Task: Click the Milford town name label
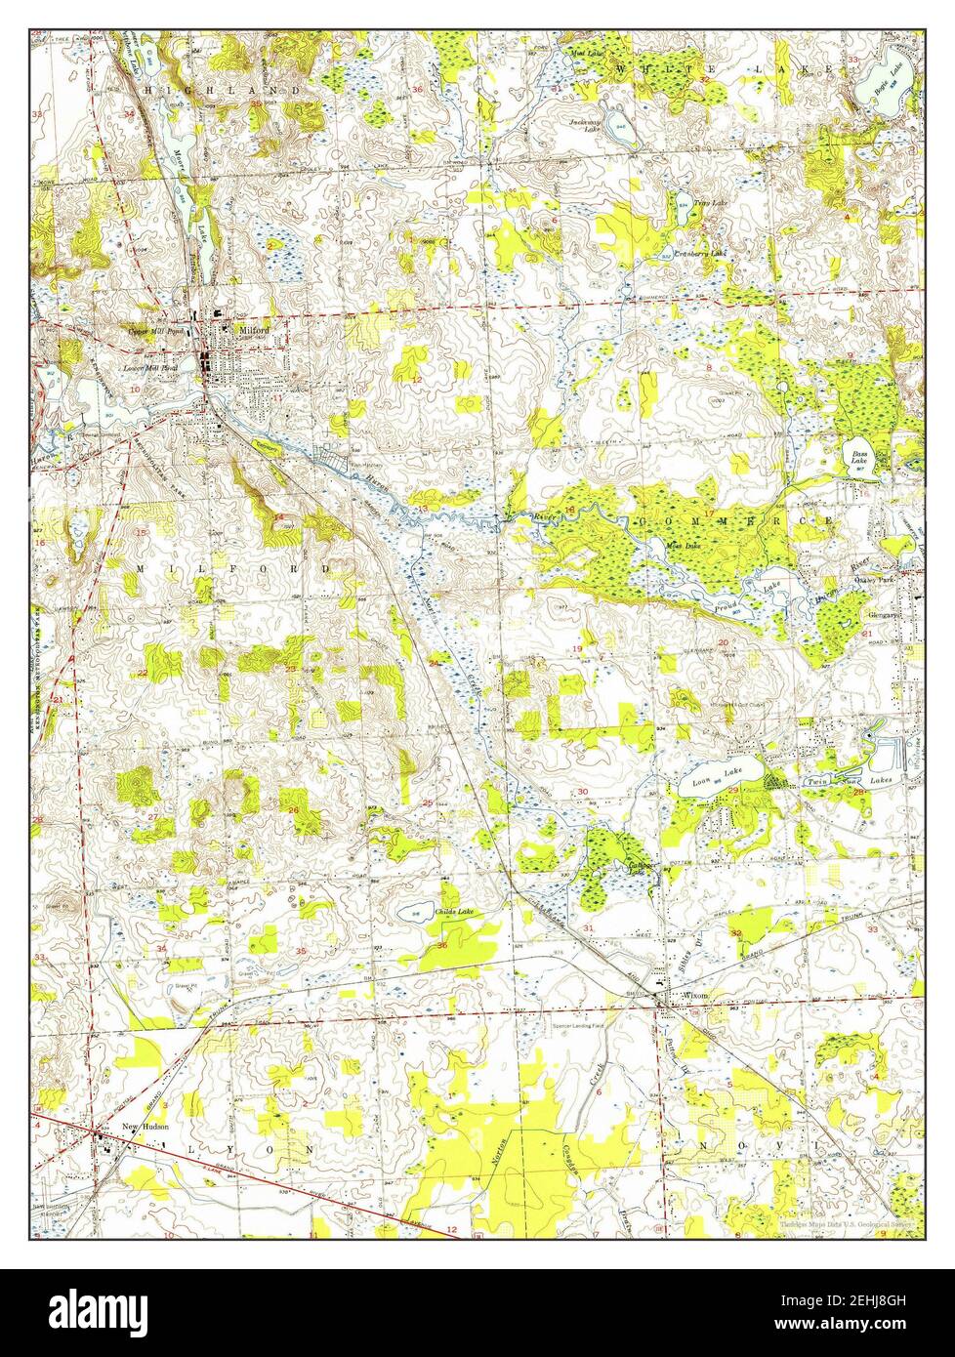(x=251, y=330)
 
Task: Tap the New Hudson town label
(x=145, y=1126)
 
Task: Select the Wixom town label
(x=694, y=996)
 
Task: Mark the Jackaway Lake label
(x=584, y=125)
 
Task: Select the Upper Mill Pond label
(x=155, y=331)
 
